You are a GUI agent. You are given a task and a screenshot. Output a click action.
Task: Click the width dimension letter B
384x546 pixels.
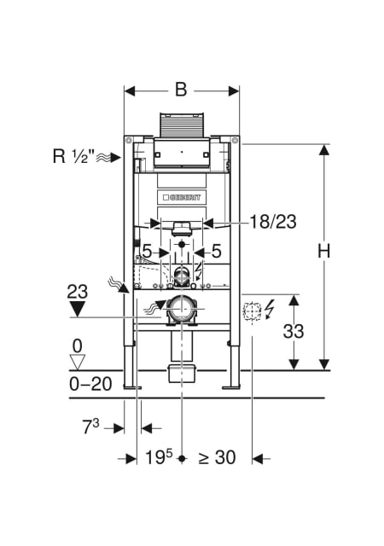pos(181,90)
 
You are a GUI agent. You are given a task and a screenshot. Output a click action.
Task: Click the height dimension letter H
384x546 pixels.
pos(323,250)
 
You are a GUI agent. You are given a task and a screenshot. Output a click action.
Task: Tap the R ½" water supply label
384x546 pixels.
pos(74,156)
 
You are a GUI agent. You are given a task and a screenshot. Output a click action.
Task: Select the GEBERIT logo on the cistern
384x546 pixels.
pos(182,197)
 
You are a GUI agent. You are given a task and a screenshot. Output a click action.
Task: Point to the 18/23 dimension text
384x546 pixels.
pos(273,222)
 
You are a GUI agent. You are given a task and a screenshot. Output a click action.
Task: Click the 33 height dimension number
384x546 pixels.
pos(294,331)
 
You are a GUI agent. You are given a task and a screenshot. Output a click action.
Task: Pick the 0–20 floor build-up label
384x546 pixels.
pos(90,384)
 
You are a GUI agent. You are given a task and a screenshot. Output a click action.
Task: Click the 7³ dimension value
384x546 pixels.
pos(90,427)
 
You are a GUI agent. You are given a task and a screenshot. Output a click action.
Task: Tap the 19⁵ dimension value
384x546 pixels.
pos(159,457)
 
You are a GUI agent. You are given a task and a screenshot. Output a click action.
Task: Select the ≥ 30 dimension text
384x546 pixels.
pos(217,457)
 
